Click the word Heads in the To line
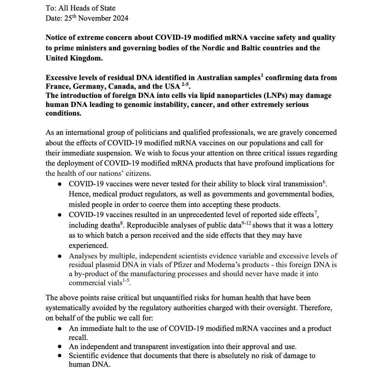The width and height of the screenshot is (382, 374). (76, 8)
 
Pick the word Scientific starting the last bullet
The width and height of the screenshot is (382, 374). (85, 356)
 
